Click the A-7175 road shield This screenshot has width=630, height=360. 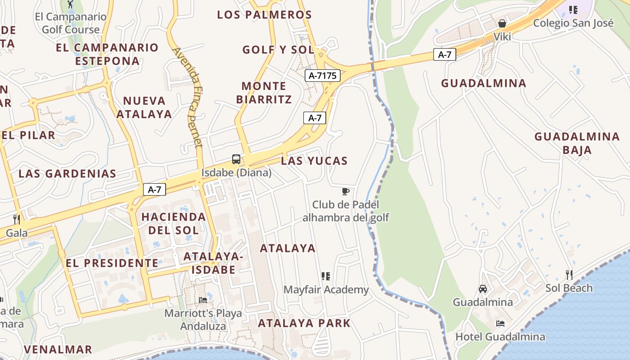pos(323,76)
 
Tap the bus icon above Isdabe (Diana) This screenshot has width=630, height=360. pos(236,159)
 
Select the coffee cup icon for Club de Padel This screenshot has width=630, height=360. pos(345,192)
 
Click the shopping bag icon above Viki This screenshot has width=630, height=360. pos(502,23)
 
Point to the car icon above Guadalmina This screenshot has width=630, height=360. pos(483,288)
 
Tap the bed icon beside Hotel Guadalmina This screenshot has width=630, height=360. pos(500,323)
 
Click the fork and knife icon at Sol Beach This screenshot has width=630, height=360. pos(569,274)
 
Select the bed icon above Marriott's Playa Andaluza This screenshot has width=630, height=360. pos(203,300)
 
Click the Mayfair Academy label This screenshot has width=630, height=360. pos(326,290)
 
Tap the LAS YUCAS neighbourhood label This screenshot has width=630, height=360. pos(314,161)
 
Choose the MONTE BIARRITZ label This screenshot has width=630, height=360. pos(264,92)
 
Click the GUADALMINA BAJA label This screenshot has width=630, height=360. pos(577,143)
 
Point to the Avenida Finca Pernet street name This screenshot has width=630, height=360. pos(187,97)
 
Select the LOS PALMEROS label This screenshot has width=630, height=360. pos(264,14)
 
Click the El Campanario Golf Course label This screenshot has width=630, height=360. pos(71,23)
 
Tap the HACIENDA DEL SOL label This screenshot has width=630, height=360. pos(173,223)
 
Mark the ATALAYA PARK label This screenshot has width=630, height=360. pos(304,323)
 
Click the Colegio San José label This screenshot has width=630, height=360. pos(573,22)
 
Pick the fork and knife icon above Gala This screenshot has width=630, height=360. pos(17,219)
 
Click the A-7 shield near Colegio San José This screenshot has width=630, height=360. pos(445,55)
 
